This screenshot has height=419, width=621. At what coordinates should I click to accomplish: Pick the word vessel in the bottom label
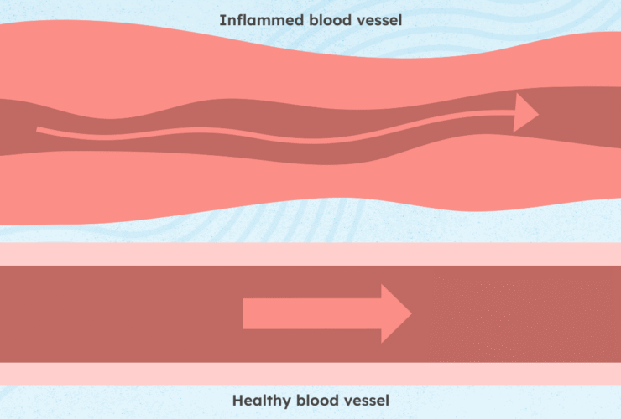tap(367, 401)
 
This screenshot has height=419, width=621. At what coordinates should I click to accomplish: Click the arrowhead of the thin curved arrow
tap(525, 112)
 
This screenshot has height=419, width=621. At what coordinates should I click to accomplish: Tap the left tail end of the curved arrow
tap(40, 130)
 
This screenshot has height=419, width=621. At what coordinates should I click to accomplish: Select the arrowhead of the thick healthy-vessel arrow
tap(395, 313)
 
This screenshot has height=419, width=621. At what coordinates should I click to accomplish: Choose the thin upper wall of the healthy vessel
tap(310, 254)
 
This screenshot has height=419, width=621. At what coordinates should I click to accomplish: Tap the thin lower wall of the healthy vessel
tap(310, 374)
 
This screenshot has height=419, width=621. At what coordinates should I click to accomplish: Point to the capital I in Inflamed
tap(222, 19)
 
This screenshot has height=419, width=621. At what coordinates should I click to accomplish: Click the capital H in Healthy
tap(237, 401)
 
